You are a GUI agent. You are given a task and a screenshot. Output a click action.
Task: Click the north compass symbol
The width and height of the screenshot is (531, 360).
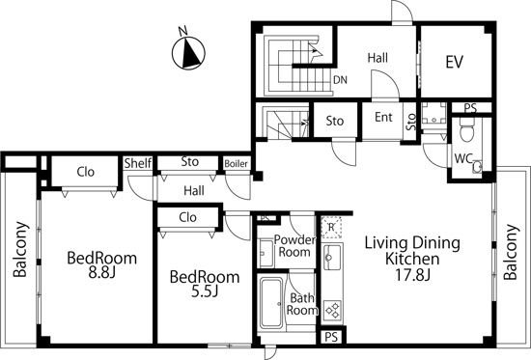pyautogui.click(x=188, y=53)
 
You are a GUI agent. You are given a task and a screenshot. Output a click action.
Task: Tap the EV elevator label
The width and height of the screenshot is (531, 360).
pyautogui.click(x=454, y=62)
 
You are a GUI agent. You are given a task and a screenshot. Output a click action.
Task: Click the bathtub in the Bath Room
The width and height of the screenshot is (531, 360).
pyautogui.click(x=271, y=303)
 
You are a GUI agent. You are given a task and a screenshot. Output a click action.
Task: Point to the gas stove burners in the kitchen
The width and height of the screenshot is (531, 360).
pyautogui.click(x=332, y=310)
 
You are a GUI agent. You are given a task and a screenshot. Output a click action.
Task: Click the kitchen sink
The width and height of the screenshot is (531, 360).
pyautogui.click(x=331, y=257)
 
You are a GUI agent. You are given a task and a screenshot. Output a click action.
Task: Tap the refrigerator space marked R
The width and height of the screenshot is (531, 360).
pyautogui.click(x=331, y=227)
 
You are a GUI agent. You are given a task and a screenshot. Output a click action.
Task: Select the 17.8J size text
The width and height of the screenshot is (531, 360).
pyautogui.click(x=413, y=275)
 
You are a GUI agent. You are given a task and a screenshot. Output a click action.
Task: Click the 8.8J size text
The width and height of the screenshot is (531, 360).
pyautogui.click(x=102, y=272)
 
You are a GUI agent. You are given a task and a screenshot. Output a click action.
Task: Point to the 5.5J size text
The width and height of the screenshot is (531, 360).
pyautogui.click(x=205, y=291)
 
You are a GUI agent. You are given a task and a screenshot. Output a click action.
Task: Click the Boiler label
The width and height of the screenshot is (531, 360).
pyautogui.click(x=236, y=164)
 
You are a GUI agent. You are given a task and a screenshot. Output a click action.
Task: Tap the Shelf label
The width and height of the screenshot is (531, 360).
pyautogui.click(x=137, y=163)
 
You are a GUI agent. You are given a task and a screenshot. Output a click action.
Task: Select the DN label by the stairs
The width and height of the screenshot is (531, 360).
pyautogui.click(x=340, y=80)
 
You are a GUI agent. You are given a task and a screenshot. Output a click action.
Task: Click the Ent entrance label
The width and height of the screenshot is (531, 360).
pyautogui.click(x=383, y=117)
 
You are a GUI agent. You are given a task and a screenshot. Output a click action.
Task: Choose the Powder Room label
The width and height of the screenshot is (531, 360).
pyautogui.click(x=294, y=246)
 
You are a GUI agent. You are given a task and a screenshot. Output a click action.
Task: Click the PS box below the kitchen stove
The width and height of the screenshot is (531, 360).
pyautogui.click(x=331, y=337)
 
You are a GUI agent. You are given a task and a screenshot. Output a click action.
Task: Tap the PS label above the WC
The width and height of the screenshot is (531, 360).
pyautogui.click(x=470, y=108)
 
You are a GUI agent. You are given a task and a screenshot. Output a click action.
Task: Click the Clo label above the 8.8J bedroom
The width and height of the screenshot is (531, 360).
pyautogui.click(x=85, y=172)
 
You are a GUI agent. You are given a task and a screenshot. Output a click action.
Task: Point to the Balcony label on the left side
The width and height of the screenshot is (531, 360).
pyautogui.click(x=20, y=249)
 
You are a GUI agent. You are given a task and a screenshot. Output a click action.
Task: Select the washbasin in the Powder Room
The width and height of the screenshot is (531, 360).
pyautogui.click(x=265, y=253)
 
